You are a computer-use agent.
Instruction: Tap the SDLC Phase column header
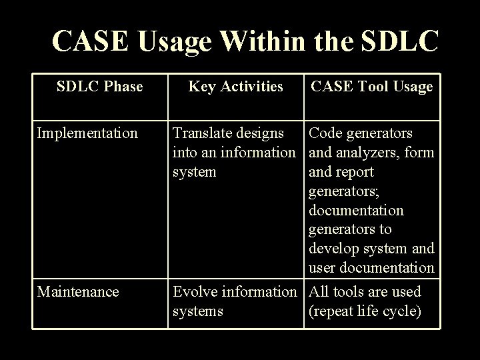(x=100, y=86)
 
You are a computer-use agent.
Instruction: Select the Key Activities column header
(x=235, y=86)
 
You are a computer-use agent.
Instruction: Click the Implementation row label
(x=87, y=133)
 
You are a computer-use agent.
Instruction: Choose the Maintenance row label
(x=79, y=291)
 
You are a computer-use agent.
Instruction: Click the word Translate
(x=202, y=133)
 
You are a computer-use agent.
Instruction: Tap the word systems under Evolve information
(x=198, y=311)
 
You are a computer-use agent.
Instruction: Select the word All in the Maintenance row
(x=319, y=291)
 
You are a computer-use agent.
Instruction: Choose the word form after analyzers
(x=420, y=153)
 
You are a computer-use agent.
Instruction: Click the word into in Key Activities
(x=184, y=153)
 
